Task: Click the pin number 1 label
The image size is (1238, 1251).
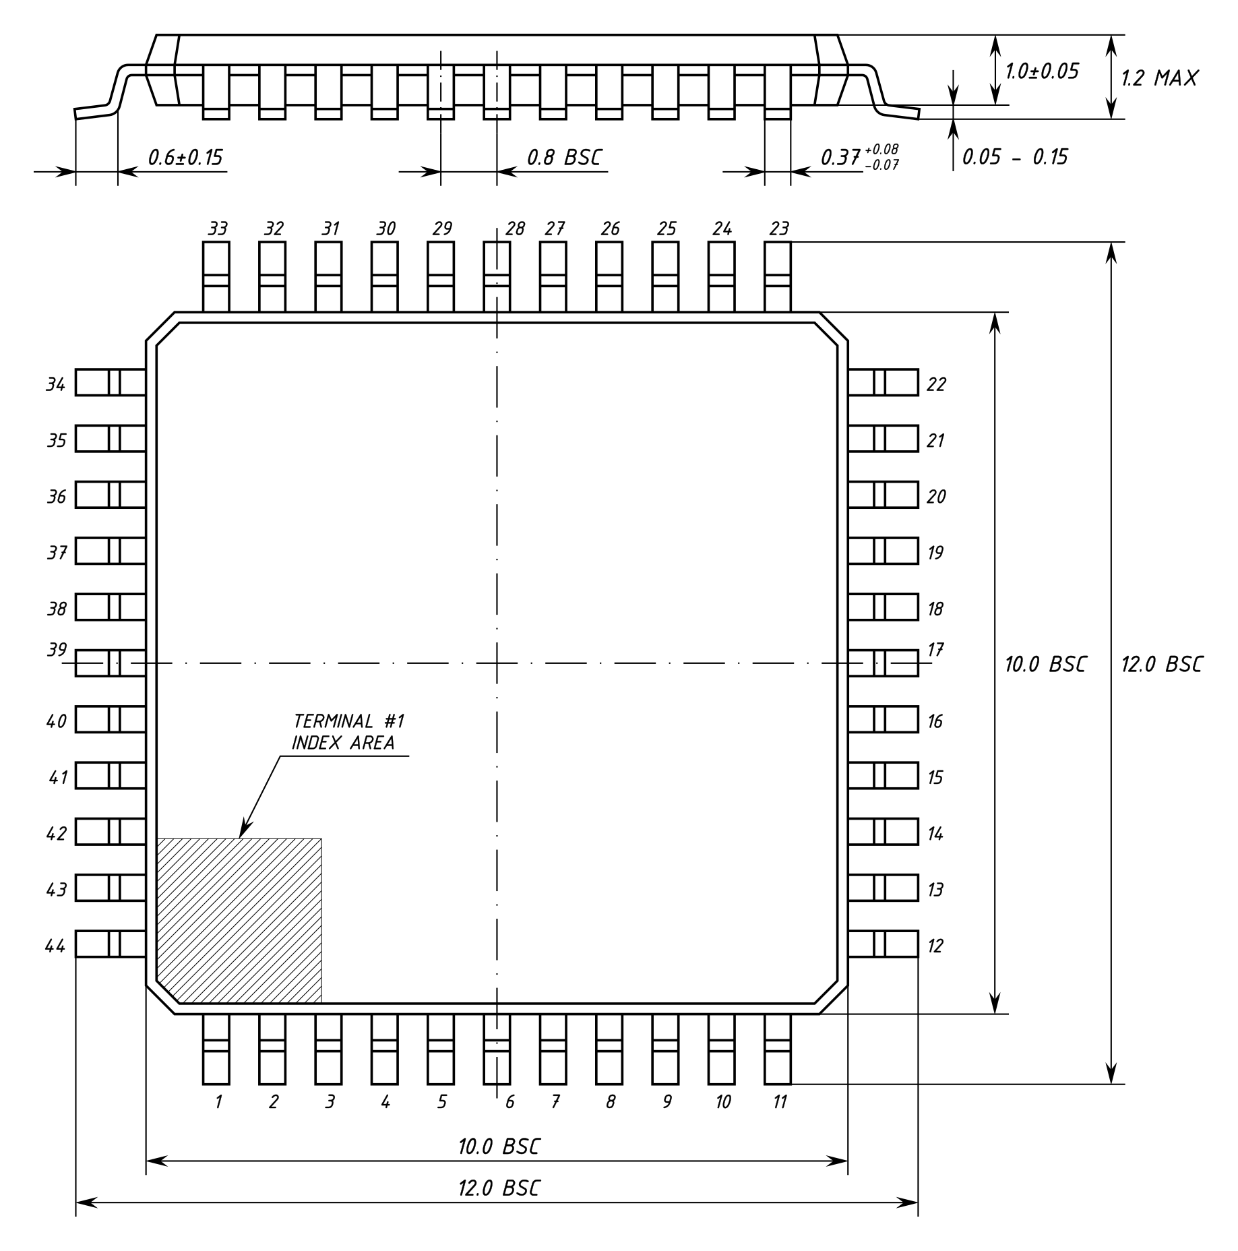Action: point(218,1102)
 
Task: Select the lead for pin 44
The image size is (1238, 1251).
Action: point(111,944)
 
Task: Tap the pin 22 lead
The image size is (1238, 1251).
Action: point(883,382)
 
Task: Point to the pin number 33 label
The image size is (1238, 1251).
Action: point(218,228)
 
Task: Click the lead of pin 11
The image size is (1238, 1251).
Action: point(778,1049)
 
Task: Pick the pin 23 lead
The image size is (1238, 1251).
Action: point(778,277)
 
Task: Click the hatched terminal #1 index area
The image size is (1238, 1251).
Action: point(239,921)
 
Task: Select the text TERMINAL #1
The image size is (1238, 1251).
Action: point(348,721)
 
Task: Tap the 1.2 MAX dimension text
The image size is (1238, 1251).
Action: point(1159,78)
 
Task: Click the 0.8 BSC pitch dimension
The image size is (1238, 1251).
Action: point(563,157)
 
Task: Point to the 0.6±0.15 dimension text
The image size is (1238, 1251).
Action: point(185,157)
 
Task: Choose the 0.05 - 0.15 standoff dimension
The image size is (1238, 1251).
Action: point(1014,157)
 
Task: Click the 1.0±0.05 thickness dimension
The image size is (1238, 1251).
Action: point(1042,71)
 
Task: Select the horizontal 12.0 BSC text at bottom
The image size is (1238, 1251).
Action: point(499,1188)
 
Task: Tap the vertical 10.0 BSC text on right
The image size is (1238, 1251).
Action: point(1045,664)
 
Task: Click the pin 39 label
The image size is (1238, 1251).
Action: point(57,650)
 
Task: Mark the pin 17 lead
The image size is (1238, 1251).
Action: point(883,663)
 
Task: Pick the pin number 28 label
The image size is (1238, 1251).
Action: point(515,228)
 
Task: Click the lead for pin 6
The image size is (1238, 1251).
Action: point(497,1049)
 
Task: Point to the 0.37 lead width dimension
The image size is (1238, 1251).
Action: point(860,157)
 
